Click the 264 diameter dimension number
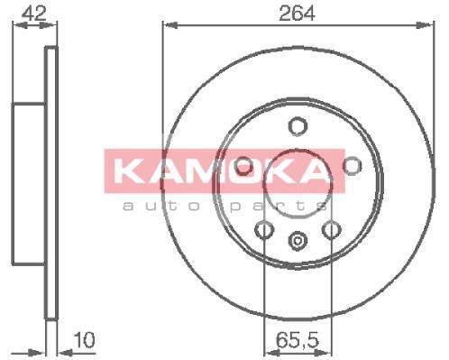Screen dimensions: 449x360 click(x=297, y=14)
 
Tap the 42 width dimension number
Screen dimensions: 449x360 click(x=34, y=14)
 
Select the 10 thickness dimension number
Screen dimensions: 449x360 click(x=84, y=340)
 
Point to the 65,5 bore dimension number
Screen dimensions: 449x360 click(x=298, y=340)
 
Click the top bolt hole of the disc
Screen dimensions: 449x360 click(x=298, y=126)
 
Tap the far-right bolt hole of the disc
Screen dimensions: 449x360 click(x=353, y=165)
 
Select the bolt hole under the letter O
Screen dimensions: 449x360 click(x=243, y=166)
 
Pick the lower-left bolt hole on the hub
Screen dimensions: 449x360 click(x=264, y=230)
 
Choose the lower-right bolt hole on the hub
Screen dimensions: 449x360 click(x=332, y=230)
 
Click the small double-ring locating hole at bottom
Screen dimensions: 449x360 click(x=298, y=241)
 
